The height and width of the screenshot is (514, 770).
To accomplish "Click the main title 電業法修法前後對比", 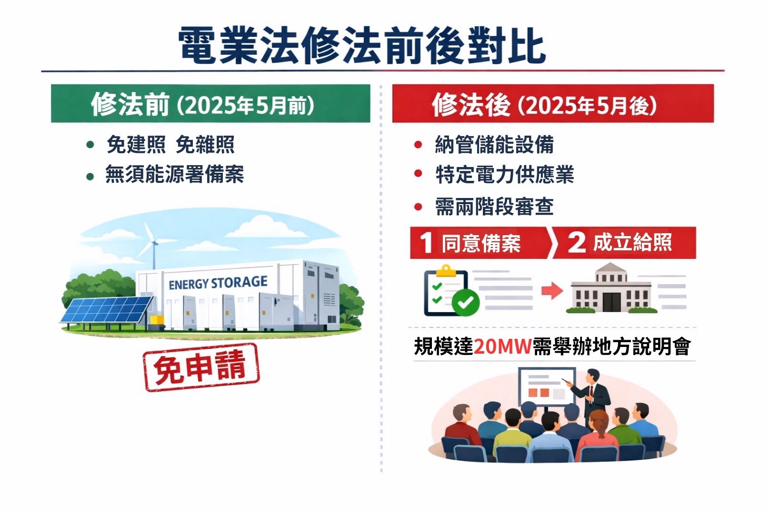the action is (x=361, y=45).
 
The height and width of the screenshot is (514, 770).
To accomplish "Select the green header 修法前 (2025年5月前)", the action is (x=210, y=103).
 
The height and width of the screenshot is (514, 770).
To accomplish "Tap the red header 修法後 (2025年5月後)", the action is (x=553, y=103).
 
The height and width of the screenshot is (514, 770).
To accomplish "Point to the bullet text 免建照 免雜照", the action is (x=170, y=144).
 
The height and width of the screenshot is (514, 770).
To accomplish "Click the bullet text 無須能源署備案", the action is (x=175, y=174).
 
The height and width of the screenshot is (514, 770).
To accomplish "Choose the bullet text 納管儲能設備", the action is (x=494, y=144).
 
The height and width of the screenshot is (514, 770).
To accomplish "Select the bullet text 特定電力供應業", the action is (x=505, y=175).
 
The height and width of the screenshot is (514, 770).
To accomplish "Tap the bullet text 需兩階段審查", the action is (x=494, y=207).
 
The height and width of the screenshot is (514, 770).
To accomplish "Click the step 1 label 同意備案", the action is (x=481, y=243).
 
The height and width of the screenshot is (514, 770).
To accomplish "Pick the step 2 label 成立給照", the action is (x=632, y=242).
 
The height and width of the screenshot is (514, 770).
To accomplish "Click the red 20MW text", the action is (x=503, y=346).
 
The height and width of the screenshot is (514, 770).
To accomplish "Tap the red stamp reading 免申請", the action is (x=201, y=367).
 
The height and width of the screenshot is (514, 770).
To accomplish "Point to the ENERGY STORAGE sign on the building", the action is (x=218, y=283).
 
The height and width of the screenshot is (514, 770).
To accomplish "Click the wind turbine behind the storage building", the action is (x=151, y=246).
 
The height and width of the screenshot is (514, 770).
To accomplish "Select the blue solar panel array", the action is (x=107, y=310).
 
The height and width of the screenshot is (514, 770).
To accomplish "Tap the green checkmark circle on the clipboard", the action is (x=465, y=302).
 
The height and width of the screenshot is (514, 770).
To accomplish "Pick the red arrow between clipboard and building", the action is (x=552, y=291).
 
